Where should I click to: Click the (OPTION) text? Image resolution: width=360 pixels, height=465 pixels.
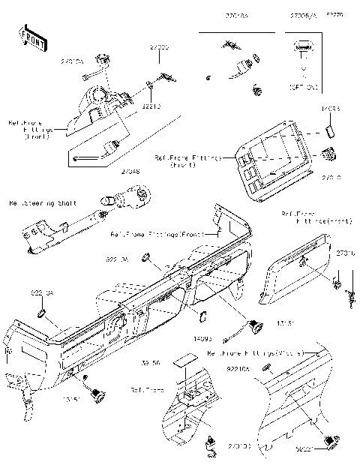(x=303, y=88)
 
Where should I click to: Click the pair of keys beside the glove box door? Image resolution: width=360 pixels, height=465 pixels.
(x=348, y=294)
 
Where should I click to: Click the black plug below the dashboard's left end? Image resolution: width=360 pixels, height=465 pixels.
(x=95, y=391)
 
